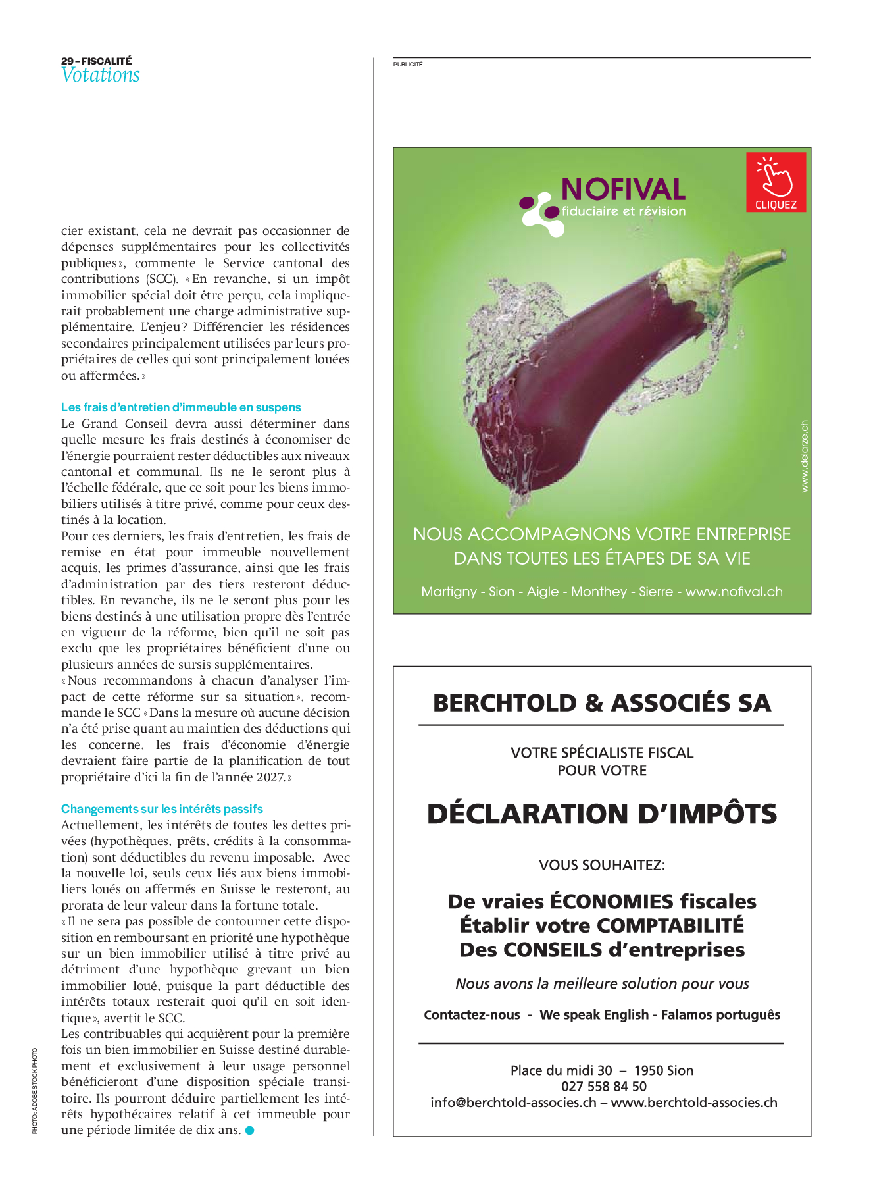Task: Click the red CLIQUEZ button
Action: click(776, 182)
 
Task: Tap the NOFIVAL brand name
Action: click(623, 190)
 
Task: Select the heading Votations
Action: click(101, 76)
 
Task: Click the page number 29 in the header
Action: click(67, 61)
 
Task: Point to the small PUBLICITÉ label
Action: click(408, 65)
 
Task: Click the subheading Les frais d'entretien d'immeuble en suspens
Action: click(181, 407)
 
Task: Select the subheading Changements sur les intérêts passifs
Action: click(162, 809)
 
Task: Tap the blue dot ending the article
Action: click(249, 1130)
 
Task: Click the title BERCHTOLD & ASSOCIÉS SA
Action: click(601, 703)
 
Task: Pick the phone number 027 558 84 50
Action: click(603, 1086)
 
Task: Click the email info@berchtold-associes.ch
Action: click(513, 1103)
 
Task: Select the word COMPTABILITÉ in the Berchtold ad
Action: click(670, 925)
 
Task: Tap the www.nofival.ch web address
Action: click(734, 592)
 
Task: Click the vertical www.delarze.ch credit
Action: click(805, 456)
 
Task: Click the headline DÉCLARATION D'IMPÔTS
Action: click(601, 814)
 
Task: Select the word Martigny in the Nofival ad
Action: click(449, 592)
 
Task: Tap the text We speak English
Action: click(593, 1014)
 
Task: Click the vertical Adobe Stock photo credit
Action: click(35, 1089)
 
